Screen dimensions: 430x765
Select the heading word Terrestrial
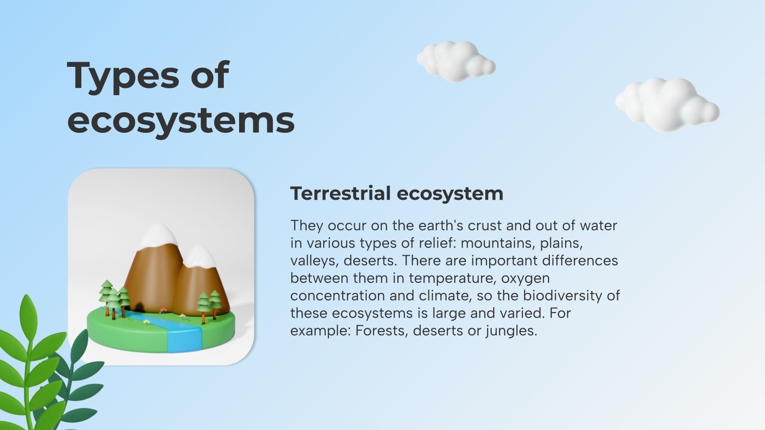[x=340, y=193]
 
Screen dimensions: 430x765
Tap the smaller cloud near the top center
[x=455, y=61]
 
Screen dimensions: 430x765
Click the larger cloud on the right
[x=667, y=105]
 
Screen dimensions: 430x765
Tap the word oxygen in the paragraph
[x=525, y=278]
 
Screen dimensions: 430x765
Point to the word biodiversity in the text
[x=563, y=296]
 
